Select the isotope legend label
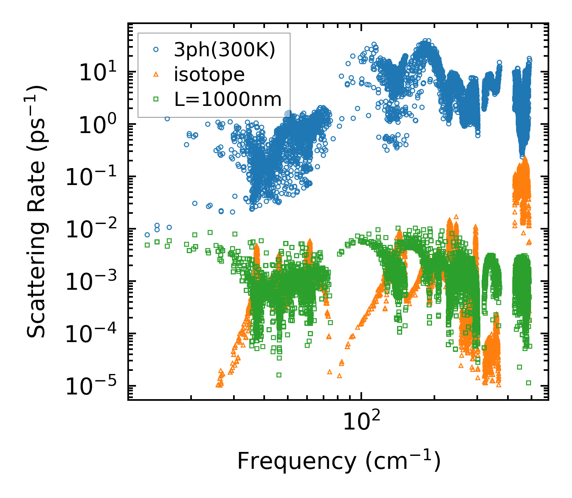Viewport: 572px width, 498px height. tap(209, 74)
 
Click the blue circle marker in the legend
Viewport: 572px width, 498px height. tap(156, 50)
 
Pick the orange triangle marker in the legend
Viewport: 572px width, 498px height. tap(156, 74)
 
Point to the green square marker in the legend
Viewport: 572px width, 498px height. tap(156, 99)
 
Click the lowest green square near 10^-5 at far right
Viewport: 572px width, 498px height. tap(528, 383)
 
